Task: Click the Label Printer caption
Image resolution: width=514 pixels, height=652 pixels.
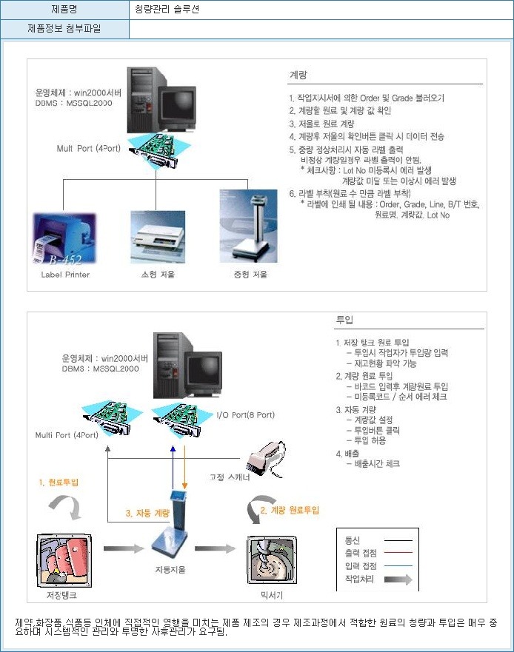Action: pos(65,275)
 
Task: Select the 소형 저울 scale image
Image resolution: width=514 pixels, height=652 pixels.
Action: pos(157,237)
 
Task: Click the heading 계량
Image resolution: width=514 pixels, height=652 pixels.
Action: pos(298,75)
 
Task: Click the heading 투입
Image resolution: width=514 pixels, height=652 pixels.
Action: pos(344,320)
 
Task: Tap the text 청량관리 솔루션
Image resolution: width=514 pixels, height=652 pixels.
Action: pos(167,10)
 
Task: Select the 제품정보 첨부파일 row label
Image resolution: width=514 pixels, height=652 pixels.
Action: pos(64,30)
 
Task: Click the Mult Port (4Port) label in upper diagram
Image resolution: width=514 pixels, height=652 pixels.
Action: pos(88,148)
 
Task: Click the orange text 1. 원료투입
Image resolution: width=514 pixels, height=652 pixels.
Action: pos(59,482)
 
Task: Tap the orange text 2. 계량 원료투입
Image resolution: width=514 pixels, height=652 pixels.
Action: pos(290,510)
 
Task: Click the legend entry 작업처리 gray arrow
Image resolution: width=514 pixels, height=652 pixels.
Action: pos(398,579)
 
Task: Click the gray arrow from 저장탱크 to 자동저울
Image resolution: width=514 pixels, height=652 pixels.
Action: pos(123,548)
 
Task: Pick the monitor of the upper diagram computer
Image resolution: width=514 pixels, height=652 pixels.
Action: pos(179,106)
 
